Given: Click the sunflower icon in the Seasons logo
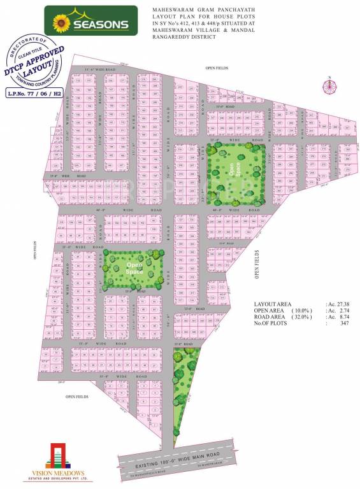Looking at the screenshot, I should [61, 24].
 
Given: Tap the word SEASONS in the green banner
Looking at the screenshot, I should [103, 25].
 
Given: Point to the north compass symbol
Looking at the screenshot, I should [329, 87].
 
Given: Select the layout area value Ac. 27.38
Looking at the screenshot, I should [339, 305].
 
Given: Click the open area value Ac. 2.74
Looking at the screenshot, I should [339, 311].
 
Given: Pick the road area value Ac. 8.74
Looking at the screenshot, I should [339, 317].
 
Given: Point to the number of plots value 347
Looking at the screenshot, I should [343, 323].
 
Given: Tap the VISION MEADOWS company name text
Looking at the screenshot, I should [55, 474].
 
